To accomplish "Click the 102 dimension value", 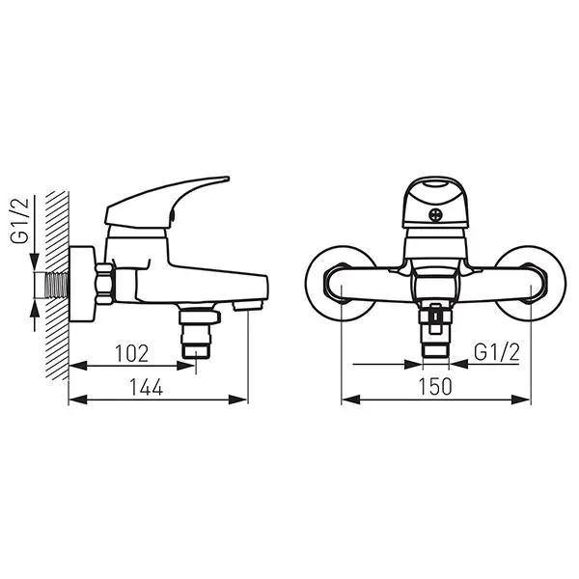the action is [132, 353].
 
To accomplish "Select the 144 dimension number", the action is [147, 387].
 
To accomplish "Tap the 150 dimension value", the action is [435, 387].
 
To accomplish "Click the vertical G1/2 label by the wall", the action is [20, 221].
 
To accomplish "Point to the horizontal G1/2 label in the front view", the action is [497, 352].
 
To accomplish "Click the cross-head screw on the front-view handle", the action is [435, 215].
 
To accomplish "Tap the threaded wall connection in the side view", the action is [57, 285].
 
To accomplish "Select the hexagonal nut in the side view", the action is [104, 284].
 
